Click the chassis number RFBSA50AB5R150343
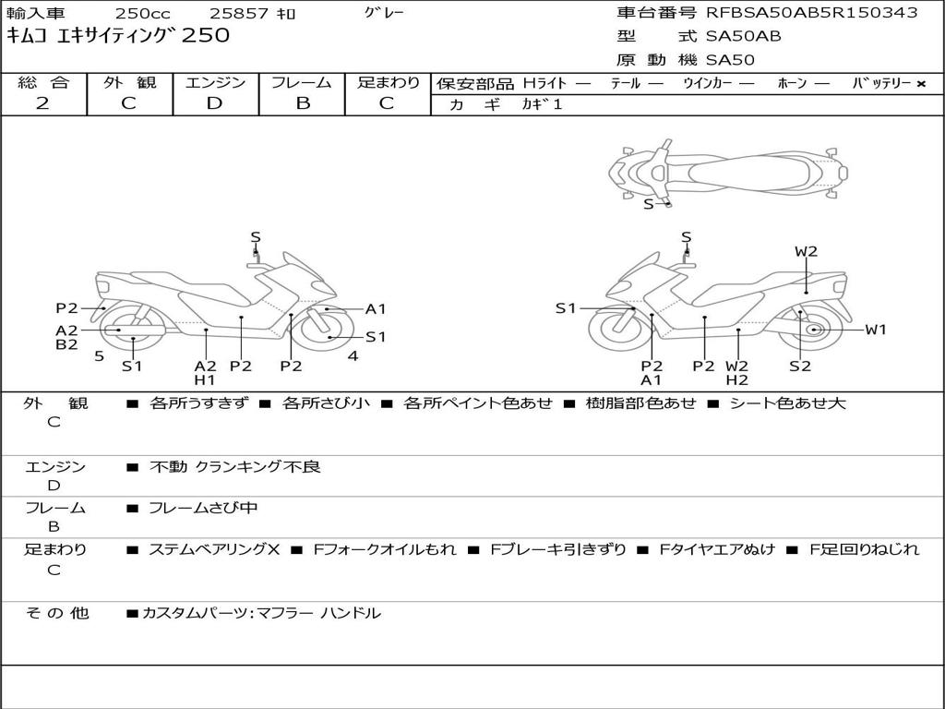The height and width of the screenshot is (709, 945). (x=812, y=12)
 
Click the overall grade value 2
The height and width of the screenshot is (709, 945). (x=42, y=103)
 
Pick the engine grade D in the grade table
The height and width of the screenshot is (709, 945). (x=215, y=103)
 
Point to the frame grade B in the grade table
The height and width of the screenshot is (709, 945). (x=302, y=103)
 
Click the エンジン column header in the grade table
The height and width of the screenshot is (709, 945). (x=215, y=82)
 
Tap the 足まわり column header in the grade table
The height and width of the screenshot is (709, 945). (x=388, y=82)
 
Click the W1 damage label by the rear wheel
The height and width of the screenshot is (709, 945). (x=875, y=330)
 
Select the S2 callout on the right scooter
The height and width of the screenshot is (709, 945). (x=799, y=366)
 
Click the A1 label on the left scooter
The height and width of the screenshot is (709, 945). (x=376, y=309)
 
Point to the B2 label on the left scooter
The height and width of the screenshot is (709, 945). (x=66, y=345)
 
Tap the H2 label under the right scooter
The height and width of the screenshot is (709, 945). (x=736, y=380)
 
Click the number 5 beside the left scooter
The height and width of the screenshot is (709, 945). (x=99, y=355)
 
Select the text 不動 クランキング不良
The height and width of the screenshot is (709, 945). (x=235, y=467)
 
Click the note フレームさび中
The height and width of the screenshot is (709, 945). (x=203, y=508)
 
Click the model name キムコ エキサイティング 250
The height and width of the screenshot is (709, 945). (x=118, y=36)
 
